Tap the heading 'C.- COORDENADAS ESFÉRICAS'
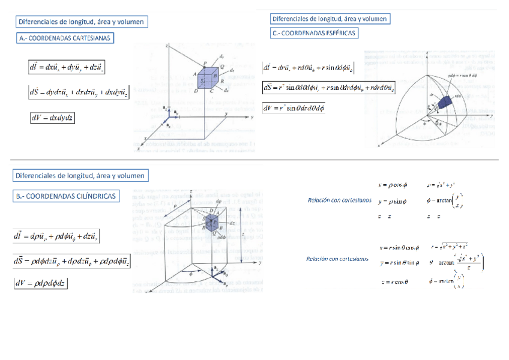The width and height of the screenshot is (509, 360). click(x=314, y=34)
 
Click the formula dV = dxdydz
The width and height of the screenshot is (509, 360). click(x=52, y=118)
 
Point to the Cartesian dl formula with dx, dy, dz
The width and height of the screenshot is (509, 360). click(x=67, y=67)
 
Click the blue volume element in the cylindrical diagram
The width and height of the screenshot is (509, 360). click(x=212, y=224)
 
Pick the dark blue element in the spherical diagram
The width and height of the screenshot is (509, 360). click(x=445, y=103)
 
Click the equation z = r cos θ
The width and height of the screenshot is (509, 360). click(x=394, y=281)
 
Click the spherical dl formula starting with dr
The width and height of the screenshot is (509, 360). click(x=308, y=68)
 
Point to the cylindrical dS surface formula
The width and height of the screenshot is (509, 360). click(x=72, y=261)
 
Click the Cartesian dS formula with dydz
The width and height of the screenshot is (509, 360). click(x=79, y=92)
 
